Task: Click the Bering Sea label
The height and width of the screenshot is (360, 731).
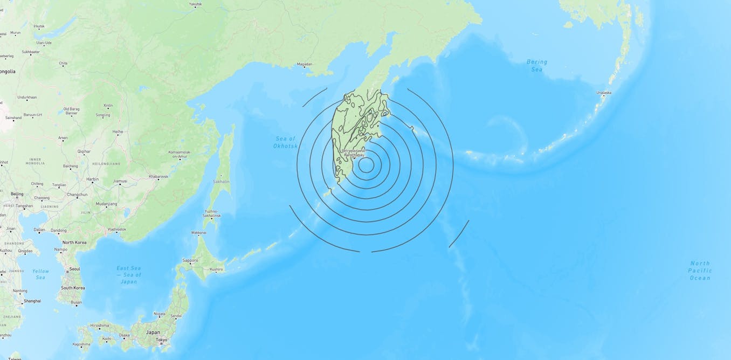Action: click(536, 65)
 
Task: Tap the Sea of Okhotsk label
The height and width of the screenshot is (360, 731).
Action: click(285, 142)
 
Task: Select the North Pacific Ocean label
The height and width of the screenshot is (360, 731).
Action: click(700, 271)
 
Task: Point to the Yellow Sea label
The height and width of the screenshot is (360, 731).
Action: click(40, 274)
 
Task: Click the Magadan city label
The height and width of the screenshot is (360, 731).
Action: click(304, 64)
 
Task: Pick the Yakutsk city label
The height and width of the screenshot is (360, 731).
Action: click(195, 4)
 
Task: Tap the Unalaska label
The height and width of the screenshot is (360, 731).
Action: click(604, 93)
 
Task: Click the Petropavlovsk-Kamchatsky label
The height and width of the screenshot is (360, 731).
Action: click(353, 153)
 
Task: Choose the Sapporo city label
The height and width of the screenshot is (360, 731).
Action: click(190, 260)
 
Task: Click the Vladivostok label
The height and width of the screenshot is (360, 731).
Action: click(116, 229)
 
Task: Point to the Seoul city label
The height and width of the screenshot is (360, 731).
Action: click(74, 268)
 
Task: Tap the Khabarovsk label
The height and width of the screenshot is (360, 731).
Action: click(158, 176)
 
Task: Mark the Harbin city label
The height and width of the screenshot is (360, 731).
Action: click(93, 179)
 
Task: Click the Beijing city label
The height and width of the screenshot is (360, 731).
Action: click(17, 193)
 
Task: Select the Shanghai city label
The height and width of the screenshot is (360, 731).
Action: click(32, 301)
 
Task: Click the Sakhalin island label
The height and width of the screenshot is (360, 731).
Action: click(221, 182)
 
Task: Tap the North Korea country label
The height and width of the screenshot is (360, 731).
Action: click(74, 243)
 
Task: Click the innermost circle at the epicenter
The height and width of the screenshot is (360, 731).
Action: click(366, 164)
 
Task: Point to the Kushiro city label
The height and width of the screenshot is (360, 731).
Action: click(216, 269)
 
